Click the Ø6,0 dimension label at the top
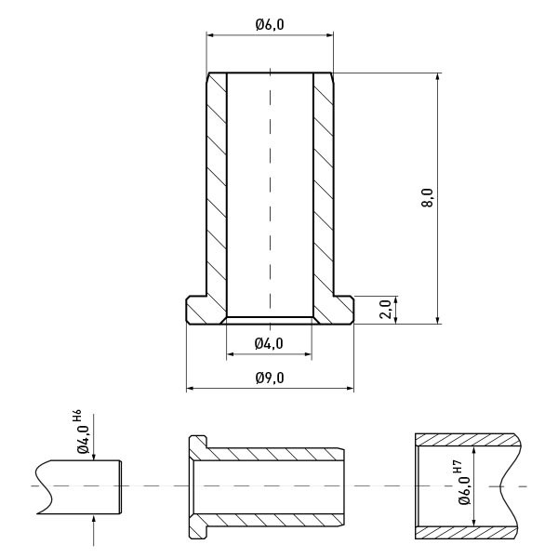[270, 25]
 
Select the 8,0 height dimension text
[427, 198]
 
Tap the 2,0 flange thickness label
[386, 310]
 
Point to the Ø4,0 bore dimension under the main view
[269, 343]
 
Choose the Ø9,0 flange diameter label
[270, 378]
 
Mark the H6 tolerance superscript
[77, 416]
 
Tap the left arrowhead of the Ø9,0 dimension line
[190, 388]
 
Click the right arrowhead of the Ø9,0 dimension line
[351, 388]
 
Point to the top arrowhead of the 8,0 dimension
[438, 77]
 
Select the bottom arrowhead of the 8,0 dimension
[438, 320]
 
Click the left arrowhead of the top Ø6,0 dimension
[211, 35]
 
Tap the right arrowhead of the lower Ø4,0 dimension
[308, 354]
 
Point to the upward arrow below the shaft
[94, 530]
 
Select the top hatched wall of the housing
[467, 440]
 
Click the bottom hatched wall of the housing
[467, 532]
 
